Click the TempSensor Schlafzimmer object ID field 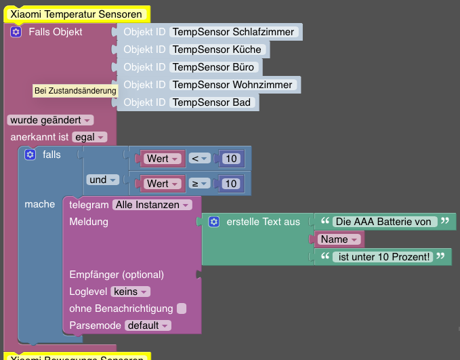point(233,32)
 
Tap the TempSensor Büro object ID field point(213,67)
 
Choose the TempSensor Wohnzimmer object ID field point(232,85)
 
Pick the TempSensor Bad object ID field point(211,102)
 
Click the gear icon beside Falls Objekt point(16,32)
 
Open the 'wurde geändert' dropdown point(50,120)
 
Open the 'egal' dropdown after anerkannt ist point(89,137)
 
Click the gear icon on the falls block point(30,155)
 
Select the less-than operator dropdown point(199,159)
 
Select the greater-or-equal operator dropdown point(199,184)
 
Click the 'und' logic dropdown point(102,180)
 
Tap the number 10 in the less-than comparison point(231,159)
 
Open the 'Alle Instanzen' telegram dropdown point(152,204)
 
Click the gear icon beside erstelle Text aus point(214,222)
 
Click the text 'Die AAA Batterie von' point(383,222)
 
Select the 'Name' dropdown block point(339,239)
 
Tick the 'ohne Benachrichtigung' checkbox point(182,308)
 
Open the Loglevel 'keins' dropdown point(130,292)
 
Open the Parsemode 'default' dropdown point(148,325)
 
